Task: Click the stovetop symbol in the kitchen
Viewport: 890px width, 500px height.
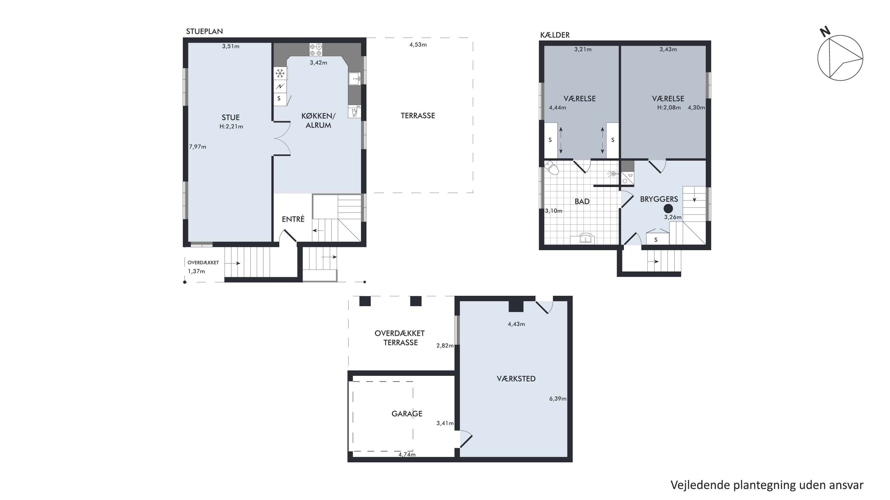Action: pos(315,49)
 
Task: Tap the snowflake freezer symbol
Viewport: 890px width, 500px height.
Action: pos(280,73)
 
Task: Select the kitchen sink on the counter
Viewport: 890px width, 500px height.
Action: pos(355,79)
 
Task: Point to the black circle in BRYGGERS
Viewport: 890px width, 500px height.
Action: pos(668,208)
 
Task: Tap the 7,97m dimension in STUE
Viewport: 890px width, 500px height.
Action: pos(198,147)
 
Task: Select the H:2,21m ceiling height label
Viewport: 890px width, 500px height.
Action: pos(231,127)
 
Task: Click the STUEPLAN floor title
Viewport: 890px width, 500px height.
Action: pos(204,31)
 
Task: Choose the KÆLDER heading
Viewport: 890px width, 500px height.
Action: pos(555,35)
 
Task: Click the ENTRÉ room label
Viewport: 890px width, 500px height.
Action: pos(293,219)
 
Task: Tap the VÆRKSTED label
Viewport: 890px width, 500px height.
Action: pos(516,379)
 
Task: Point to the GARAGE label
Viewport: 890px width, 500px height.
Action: pos(407,414)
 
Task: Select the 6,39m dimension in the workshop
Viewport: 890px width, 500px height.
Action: pos(558,399)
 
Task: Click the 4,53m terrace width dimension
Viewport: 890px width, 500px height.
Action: pos(418,44)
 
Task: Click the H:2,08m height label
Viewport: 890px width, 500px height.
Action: pos(669,108)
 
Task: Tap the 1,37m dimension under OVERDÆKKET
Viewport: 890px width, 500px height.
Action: pos(196,271)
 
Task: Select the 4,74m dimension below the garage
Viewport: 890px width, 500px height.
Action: pos(407,455)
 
